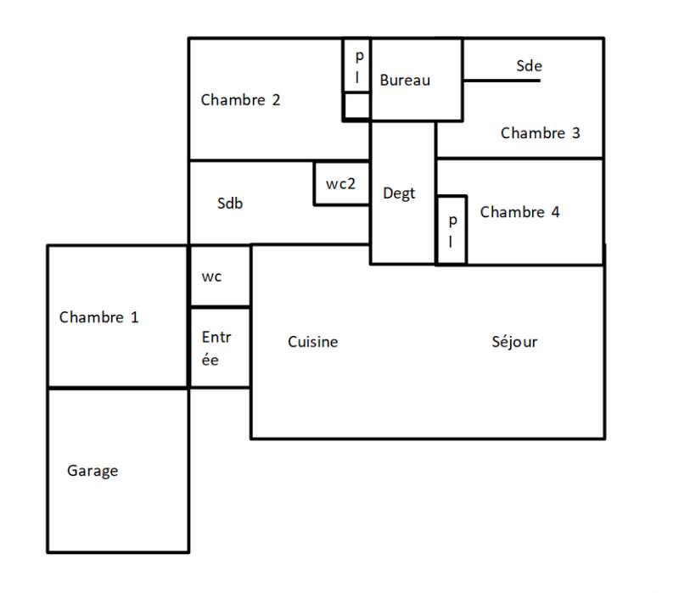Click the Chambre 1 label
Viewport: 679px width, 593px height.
(x=98, y=317)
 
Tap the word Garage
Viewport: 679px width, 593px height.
(x=93, y=471)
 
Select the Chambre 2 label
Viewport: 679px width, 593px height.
(x=240, y=99)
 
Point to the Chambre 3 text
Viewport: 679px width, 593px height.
(x=540, y=133)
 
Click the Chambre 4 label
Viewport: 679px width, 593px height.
(x=519, y=212)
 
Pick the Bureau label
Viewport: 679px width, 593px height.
(x=405, y=81)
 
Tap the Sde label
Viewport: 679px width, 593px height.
(x=529, y=65)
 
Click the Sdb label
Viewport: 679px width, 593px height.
(x=231, y=204)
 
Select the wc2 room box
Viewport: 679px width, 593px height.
(x=341, y=183)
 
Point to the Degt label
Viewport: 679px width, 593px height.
(x=399, y=193)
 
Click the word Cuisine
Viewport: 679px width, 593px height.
(x=312, y=342)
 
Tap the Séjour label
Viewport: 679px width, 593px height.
(x=514, y=342)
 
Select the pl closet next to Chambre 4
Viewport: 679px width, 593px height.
(x=452, y=230)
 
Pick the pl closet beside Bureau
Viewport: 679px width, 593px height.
(x=357, y=65)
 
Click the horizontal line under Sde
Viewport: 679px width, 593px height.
(x=501, y=81)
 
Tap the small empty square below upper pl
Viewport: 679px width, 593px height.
(x=357, y=105)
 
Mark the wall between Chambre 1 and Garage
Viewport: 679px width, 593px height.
(x=117, y=389)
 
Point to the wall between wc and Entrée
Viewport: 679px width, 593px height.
(x=219, y=306)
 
